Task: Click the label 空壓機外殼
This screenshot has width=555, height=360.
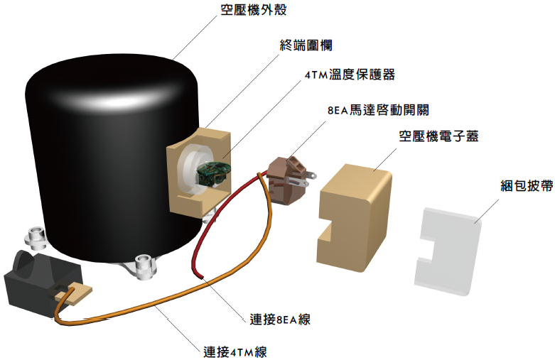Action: pos(254,12)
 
